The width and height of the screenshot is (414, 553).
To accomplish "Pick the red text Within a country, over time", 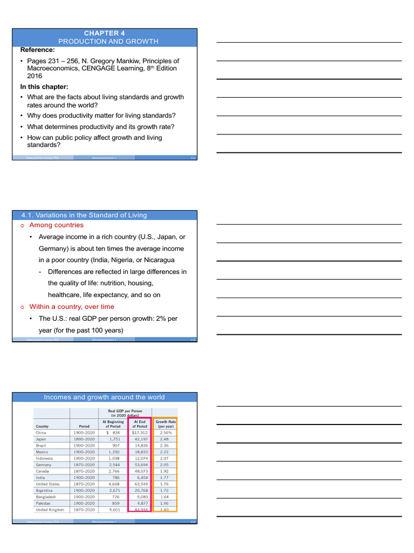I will [x=72, y=307].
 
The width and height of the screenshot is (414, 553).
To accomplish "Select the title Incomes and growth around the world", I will [x=104, y=397].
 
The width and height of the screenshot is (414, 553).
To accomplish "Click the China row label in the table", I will [x=41, y=433].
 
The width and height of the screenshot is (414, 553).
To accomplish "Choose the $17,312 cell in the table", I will [x=139, y=433].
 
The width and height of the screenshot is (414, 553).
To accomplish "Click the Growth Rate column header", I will [x=165, y=423].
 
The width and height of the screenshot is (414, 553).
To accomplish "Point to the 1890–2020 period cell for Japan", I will [x=84, y=439].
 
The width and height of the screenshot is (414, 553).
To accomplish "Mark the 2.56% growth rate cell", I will [x=165, y=433].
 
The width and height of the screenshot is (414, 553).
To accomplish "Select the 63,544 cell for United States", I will [x=140, y=484].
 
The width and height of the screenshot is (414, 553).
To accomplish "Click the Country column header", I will [x=43, y=426].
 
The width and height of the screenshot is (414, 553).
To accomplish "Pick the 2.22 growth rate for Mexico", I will [x=165, y=452].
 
